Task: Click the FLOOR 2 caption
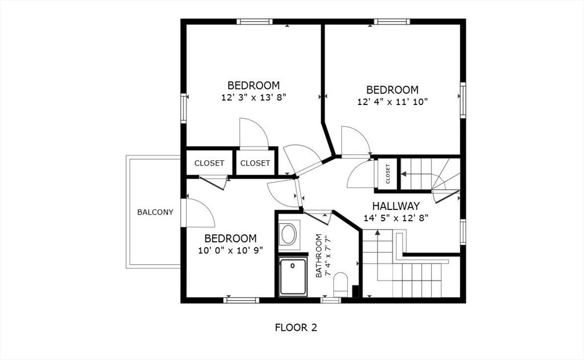296,327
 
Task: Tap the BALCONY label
155,212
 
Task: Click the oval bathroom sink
288,234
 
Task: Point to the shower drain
293,266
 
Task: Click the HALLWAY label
396,206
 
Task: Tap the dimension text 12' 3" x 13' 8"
254,98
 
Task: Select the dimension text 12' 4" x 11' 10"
392,102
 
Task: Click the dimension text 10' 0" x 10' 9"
230,250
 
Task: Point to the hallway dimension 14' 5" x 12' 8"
396,218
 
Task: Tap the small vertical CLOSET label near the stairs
388,174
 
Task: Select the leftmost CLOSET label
209,163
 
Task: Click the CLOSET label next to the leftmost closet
255,163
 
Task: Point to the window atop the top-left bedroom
254,22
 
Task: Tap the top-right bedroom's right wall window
463,100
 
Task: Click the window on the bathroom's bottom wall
331,300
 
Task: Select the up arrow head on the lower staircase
378,233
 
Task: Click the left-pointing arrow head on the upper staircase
403,173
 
